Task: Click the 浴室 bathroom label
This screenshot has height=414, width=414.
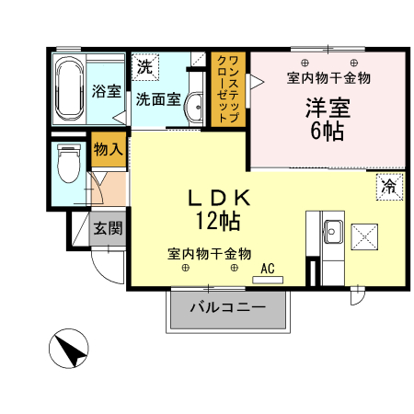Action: coord(107,91)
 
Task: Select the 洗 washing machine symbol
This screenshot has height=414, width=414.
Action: coord(145,66)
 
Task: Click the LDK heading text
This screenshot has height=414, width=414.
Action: coord(220,196)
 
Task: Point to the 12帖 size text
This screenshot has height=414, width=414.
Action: coord(217,220)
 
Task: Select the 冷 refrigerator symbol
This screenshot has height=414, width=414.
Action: coord(389,187)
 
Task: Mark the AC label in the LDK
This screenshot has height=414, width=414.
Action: coord(269,268)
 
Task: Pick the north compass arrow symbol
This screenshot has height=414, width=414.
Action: coord(70,351)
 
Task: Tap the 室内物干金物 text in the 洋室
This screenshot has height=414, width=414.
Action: coord(328,77)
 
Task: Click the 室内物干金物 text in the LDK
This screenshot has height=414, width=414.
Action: coord(210,253)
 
